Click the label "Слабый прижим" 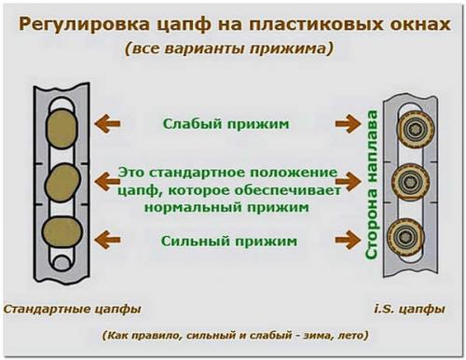pyautogui.click(x=226, y=122)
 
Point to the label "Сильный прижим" pyautogui.click(x=229, y=241)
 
